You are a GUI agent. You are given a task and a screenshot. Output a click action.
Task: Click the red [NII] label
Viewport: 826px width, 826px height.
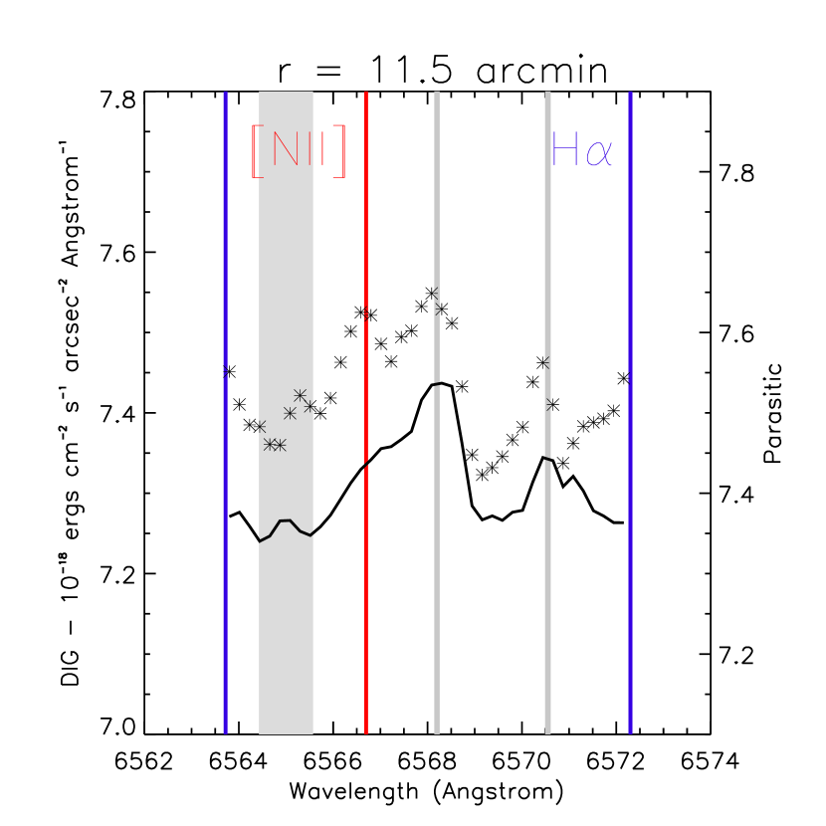tap(298, 151)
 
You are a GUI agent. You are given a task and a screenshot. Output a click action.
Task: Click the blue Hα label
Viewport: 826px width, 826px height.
tap(581, 151)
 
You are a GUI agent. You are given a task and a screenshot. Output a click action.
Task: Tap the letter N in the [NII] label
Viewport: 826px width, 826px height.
tap(285, 150)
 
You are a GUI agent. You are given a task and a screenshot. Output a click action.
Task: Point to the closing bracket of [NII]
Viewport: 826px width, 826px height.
tap(339, 151)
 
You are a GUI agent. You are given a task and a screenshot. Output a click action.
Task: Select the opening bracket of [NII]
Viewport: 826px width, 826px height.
tap(256, 151)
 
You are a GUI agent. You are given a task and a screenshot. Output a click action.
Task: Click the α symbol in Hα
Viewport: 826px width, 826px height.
tap(599, 153)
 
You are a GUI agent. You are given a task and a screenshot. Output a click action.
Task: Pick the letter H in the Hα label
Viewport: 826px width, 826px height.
tap(564, 150)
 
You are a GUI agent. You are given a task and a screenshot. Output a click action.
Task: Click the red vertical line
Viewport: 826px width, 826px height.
tap(366, 597)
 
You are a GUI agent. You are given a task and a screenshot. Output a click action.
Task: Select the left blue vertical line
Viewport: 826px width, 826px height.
tap(226, 597)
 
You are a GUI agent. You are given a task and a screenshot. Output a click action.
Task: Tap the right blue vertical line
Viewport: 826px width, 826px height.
tap(630, 597)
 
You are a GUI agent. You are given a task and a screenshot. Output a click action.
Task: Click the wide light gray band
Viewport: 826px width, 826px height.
tap(286, 647)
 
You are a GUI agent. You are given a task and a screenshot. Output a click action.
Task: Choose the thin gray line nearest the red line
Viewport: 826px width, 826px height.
tap(436, 597)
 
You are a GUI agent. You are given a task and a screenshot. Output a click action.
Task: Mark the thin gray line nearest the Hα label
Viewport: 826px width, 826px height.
tap(547, 597)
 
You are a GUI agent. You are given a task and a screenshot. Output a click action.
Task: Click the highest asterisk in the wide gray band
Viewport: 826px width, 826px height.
tap(300, 395)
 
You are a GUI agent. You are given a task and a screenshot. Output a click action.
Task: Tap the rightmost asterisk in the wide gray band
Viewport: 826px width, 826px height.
tap(310, 406)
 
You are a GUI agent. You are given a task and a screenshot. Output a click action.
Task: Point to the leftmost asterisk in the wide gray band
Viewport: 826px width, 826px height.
tap(261, 427)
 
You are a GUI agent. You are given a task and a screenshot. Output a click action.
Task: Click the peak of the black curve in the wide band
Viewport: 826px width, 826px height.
tap(286, 520)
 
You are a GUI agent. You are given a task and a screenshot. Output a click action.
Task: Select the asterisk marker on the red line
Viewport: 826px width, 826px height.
tap(366, 312)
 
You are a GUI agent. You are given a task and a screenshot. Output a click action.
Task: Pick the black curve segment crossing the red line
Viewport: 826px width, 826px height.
tap(366, 464)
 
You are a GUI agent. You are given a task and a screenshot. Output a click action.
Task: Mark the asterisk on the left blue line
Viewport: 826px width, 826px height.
tap(226, 370)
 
